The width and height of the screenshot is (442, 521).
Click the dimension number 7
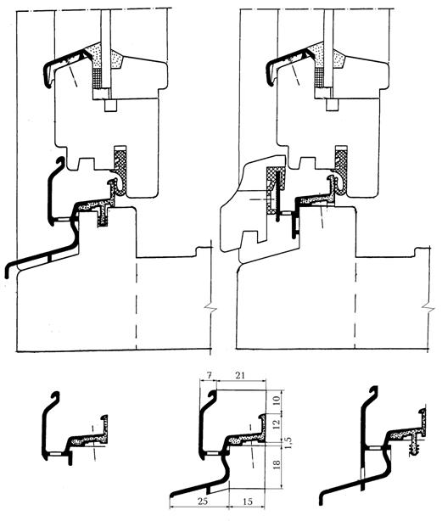point(208,375)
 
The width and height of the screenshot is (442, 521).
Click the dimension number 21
point(240,375)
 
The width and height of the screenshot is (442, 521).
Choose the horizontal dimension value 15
point(248,501)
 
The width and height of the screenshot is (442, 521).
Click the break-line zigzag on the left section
point(210,310)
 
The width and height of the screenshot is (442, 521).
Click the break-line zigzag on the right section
point(428,308)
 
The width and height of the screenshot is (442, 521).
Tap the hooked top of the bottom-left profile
point(56,395)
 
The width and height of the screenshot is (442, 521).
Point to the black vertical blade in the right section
point(277,195)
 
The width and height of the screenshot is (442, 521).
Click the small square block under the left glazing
point(110,105)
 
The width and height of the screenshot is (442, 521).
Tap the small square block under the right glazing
point(332,104)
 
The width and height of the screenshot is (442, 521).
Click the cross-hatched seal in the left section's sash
point(120,170)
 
